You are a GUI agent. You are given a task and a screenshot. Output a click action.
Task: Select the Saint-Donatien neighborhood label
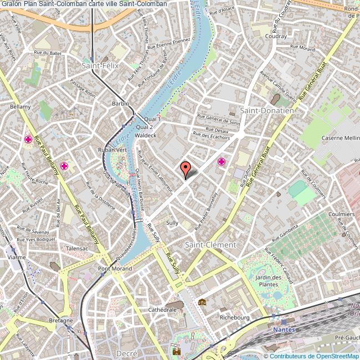click(266, 110)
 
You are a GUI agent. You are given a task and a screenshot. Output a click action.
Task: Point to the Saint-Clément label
click(210, 244)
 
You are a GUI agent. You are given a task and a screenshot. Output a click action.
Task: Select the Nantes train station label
click(285, 330)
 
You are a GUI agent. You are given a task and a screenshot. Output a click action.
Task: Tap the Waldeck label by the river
click(146, 135)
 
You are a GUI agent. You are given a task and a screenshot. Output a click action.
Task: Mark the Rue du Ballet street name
click(48, 54)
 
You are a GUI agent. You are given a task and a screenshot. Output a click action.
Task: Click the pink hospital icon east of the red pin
click(222, 162)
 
